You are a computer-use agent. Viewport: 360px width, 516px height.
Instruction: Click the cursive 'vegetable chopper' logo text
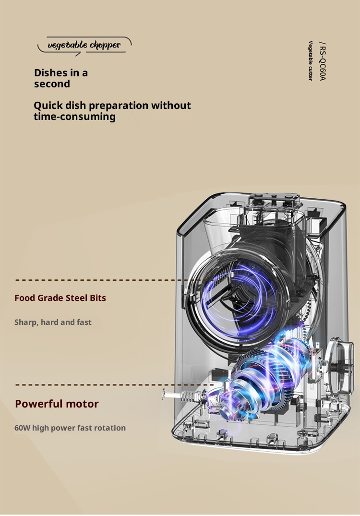[x=84, y=45]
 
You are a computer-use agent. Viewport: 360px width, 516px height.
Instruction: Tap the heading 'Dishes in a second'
[x=61, y=78]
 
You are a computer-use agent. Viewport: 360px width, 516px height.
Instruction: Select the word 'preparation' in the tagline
[x=119, y=106]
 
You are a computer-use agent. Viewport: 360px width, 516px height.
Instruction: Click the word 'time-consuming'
[x=74, y=117]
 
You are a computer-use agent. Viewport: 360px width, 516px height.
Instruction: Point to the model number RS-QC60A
[x=323, y=61]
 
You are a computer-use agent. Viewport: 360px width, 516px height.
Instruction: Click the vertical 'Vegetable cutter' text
[x=310, y=60]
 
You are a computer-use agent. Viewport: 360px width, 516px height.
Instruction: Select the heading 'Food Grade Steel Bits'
[x=60, y=298]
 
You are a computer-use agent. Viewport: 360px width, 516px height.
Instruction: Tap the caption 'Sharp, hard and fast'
[x=53, y=322]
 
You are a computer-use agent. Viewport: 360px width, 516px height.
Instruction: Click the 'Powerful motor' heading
[x=57, y=404]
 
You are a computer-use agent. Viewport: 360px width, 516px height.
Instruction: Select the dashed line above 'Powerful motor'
[x=114, y=384]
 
